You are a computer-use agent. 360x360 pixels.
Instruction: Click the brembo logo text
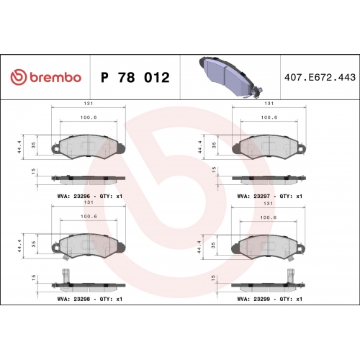pos(55,77)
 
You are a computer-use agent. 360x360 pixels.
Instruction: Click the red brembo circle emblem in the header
pos(19,77)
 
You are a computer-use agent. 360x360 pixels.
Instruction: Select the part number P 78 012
pos(135,77)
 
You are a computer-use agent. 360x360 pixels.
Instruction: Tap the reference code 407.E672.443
pos(320,77)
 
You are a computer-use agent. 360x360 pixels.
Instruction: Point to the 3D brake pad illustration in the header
pos(230,77)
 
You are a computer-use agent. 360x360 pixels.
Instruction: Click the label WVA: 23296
pos(73,196)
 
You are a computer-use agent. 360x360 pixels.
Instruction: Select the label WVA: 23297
pos(253,196)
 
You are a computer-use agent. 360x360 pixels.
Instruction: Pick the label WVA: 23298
pos(73,299)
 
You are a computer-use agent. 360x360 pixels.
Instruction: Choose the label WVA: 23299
pos(253,299)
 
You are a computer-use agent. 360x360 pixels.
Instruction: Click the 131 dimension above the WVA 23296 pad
pos(89,104)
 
